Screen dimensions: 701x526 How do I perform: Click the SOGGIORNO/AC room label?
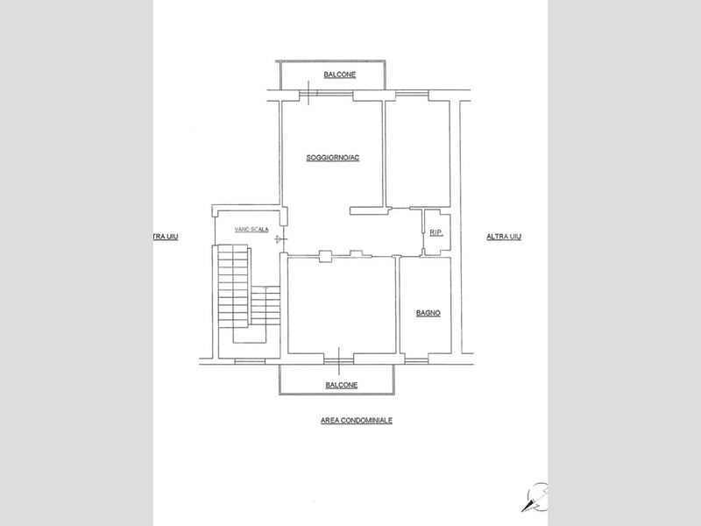pos(333,158)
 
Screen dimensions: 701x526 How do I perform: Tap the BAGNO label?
pos(428,313)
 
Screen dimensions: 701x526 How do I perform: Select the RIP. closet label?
pos(435,232)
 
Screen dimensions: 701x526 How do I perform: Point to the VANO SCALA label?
pos(251,230)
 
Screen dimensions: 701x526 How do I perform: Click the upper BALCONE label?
pos(340,75)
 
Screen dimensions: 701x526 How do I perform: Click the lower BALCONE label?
pos(342,385)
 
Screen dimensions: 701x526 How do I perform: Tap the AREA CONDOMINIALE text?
pos(357,421)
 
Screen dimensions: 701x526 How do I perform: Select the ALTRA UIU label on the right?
pos(504,237)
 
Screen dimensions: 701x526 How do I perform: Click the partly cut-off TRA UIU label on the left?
pos(166,237)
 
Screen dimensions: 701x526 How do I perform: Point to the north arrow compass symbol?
pos(536,497)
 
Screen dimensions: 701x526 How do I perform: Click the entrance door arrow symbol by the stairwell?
pos(280,239)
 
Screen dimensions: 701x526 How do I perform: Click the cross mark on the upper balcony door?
pos(308,93)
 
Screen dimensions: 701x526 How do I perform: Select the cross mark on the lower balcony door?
pos(339,360)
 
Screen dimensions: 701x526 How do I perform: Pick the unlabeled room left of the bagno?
pos(342,305)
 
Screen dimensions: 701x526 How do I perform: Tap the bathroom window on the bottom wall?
pos(416,359)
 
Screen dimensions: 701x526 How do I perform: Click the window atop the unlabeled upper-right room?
pos(412,94)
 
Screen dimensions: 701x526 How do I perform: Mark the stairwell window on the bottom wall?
pos(250,360)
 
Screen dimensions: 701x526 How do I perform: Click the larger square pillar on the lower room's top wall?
pos(325,256)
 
